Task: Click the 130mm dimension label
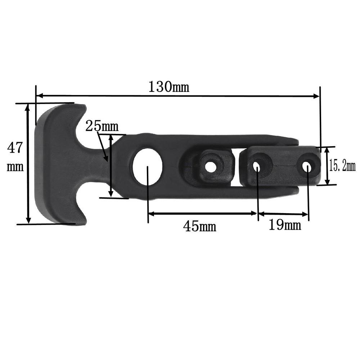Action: [168, 87]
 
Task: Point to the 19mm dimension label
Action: [284, 226]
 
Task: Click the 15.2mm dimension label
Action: [342, 166]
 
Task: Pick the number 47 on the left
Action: [15, 148]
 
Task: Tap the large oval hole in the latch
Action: [147, 166]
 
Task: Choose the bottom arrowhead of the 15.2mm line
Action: [327, 181]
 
